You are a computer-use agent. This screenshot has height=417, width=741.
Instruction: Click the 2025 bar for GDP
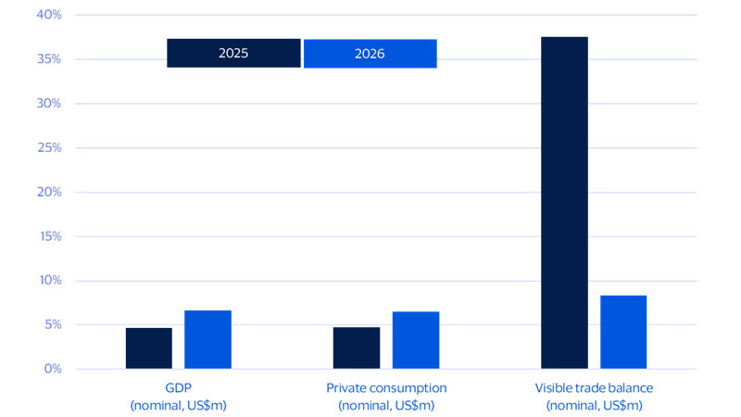click(149, 348)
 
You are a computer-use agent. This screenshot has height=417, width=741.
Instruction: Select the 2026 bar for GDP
click(207, 340)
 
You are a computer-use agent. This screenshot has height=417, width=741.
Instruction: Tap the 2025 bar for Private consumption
click(357, 348)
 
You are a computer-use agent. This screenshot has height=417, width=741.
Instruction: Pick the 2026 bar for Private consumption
click(416, 340)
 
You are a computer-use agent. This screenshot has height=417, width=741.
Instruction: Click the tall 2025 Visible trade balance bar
click(564, 203)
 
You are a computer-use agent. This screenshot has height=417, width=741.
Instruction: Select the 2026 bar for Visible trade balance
click(623, 332)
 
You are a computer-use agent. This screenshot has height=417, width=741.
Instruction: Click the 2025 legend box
click(233, 54)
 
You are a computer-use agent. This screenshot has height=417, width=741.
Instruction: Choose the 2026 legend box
click(370, 54)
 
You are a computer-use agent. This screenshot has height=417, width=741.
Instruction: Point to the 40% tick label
click(48, 15)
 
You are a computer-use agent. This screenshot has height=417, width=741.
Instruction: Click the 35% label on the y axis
click(48, 59)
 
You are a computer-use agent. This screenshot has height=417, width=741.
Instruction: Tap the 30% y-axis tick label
click(48, 104)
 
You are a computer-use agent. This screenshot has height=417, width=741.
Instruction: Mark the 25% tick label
click(48, 148)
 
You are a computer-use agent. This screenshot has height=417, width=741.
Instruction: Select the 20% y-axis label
click(48, 192)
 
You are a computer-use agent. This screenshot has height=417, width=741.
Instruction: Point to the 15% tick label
click(48, 236)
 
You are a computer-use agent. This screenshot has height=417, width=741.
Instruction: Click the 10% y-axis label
click(48, 281)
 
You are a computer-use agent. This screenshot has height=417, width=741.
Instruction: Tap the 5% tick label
click(51, 325)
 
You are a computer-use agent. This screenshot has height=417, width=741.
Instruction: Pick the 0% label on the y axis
click(51, 369)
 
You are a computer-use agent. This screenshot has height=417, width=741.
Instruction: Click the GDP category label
click(179, 388)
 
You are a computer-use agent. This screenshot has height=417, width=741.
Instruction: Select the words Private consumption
click(386, 388)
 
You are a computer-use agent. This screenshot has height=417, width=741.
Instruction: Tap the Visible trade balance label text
click(594, 388)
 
